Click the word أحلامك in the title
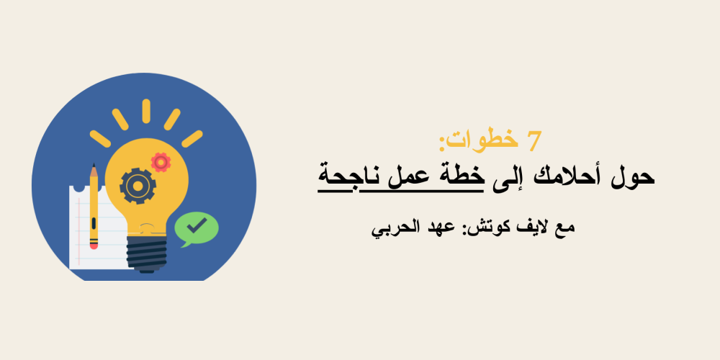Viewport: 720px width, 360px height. [x=572, y=176]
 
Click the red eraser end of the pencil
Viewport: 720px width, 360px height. [x=94, y=245]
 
